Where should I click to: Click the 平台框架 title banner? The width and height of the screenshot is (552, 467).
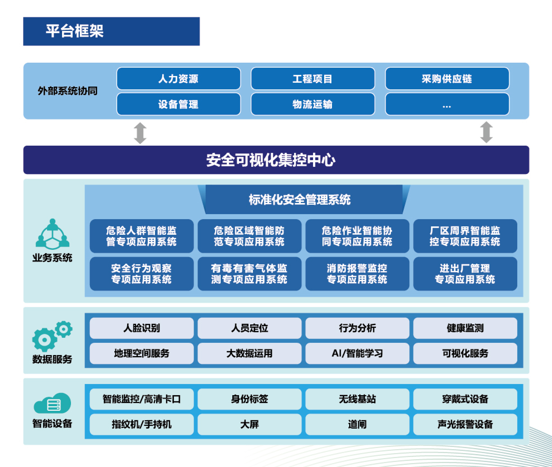(111, 31)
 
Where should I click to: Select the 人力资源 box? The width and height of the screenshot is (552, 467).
(179, 79)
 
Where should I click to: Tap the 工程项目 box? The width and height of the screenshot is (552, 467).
(313, 79)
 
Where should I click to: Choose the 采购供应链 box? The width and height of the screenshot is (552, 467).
(447, 79)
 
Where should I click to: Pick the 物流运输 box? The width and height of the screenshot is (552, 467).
(313, 104)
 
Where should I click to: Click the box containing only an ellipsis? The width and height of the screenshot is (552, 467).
(447, 104)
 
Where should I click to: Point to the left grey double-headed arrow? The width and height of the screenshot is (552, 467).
(140, 133)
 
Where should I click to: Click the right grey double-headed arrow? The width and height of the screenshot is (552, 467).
(486, 132)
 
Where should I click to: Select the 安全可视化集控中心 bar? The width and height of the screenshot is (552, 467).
(276, 160)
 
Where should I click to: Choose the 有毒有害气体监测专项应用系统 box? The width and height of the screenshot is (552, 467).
(249, 274)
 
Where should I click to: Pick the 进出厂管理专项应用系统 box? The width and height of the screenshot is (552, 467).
(465, 274)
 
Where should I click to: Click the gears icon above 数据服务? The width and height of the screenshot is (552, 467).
(52, 336)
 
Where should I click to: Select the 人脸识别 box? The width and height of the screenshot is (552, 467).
(142, 328)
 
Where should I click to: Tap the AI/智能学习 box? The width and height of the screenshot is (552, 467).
(357, 353)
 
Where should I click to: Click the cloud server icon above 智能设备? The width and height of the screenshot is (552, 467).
(52, 403)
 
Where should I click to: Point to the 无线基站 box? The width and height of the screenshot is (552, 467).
(357, 399)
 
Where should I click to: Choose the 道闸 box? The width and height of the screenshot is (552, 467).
(357, 424)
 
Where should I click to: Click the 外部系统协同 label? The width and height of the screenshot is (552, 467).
(68, 91)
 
